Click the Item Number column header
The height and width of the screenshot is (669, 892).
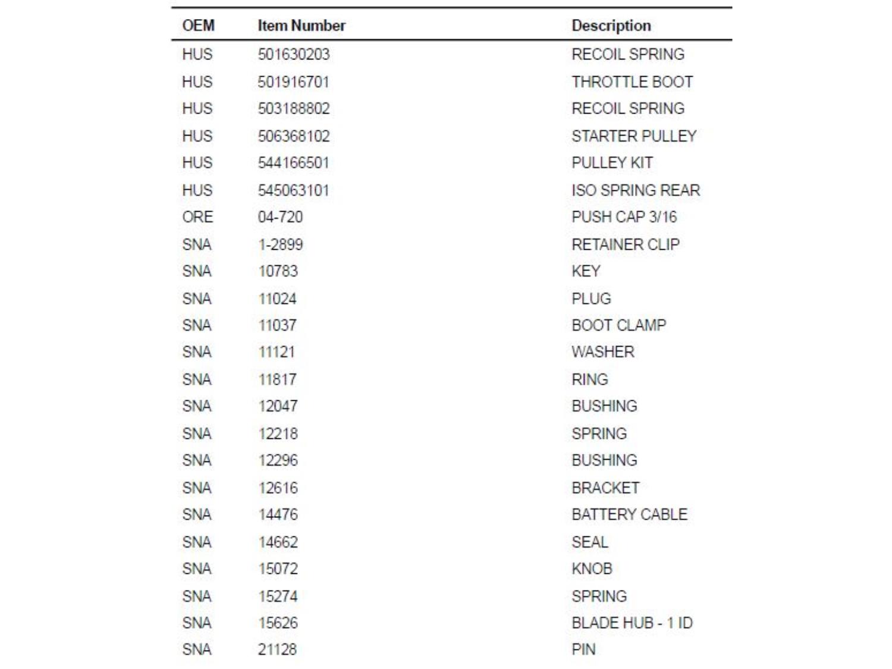301,26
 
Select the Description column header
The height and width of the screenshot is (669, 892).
611,26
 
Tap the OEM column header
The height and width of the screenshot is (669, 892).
198,26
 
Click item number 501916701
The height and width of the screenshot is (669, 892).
293,82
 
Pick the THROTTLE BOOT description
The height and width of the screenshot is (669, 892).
632,82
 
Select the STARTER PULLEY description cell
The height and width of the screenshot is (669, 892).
633,136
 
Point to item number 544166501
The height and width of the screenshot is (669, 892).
293,163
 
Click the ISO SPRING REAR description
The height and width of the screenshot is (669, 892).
635,190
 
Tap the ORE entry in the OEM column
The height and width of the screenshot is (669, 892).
197,217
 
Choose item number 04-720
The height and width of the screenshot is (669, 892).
280,217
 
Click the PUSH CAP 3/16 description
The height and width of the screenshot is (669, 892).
624,217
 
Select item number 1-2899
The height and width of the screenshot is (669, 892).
280,244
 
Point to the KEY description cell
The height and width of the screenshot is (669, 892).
586,271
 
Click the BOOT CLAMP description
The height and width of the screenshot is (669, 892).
618,325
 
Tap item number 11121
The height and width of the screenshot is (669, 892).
277,352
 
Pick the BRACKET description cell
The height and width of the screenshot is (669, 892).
605,488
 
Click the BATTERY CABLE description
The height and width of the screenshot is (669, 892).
629,514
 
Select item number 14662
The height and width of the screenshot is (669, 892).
278,542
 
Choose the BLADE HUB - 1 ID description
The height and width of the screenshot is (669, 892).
632,623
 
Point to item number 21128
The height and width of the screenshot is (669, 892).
277,649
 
